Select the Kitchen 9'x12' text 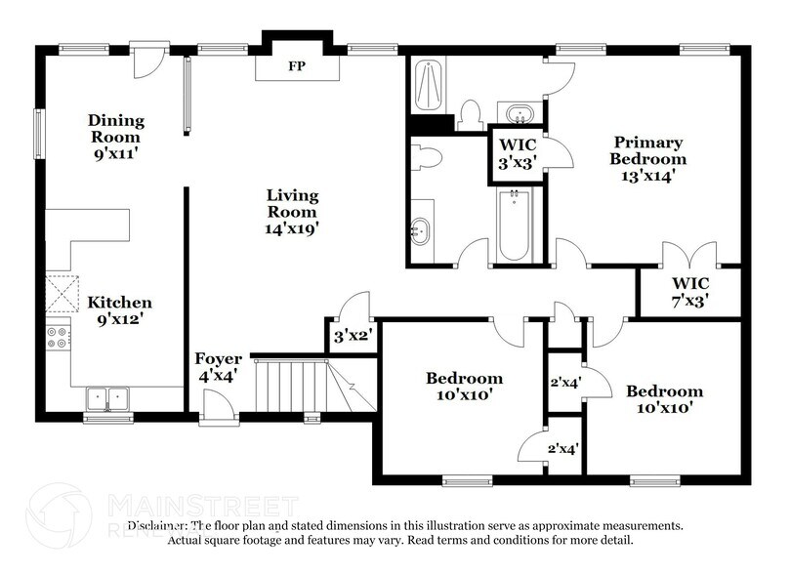coord(120,310)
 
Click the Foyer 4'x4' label coord(217,366)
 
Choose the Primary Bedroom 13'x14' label coord(647,159)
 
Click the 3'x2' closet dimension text coord(349,339)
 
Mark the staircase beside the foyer coord(293,386)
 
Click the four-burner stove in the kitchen coord(58,337)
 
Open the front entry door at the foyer coord(217,405)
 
